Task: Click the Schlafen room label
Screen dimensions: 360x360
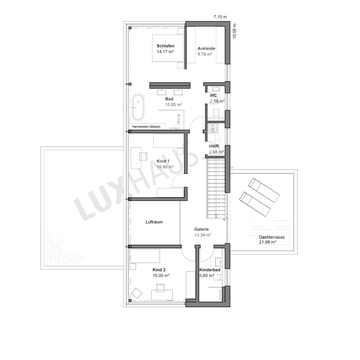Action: (x=166, y=46)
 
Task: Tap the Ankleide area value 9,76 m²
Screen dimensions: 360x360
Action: (x=205, y=54)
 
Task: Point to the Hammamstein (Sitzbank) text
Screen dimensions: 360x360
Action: (x=146, y=127)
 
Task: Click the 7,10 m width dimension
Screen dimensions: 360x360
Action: (x=220, y=17)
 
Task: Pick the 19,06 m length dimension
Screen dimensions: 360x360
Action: (x=235, y=31)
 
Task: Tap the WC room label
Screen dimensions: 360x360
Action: (x=213, y=95)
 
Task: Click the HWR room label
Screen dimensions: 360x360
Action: (x=214, y=146)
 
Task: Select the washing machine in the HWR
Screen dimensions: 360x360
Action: (x=213, y=129)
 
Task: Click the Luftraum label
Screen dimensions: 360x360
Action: (x=154, y=222)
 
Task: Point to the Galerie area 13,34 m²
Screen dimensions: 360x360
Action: (x=203, y=235)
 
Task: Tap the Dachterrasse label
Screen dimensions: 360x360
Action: (x=272, y=237)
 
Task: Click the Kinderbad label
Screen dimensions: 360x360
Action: (x=210, y=270)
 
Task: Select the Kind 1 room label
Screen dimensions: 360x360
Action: (x=163, y=161)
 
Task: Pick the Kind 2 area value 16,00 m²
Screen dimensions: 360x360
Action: (x=161, y=275)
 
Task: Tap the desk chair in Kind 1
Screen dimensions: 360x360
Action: (x=143, y=156)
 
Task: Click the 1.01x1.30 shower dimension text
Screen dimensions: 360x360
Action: (x=179, y=120)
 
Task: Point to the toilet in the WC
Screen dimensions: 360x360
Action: (x=216, y=113)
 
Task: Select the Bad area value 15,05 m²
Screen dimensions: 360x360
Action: (x=174, y=105)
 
